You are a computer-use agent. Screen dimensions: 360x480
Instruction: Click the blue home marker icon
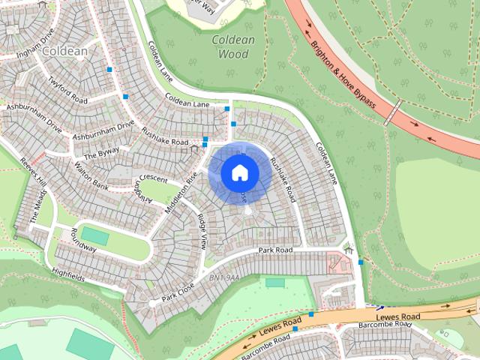tap(239, 172)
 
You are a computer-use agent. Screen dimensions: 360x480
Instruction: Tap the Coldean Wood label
tap(232, 46)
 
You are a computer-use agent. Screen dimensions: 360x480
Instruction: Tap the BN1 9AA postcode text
tap(223, 278)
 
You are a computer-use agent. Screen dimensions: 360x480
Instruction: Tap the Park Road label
tap(274, 249)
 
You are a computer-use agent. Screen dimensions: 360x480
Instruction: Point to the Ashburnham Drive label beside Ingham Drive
tap(34, 109)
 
